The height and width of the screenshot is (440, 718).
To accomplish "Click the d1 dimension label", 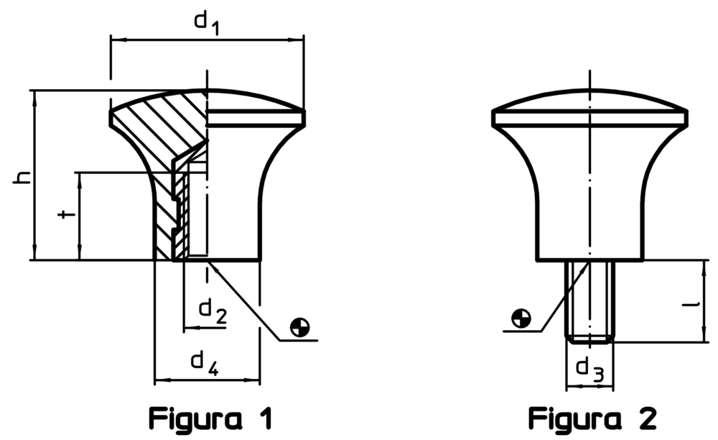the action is [x=207, y=23].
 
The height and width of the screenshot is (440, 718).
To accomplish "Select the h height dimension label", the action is [x=22, y=177].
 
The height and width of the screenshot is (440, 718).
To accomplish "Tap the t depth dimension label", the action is [x=67, y=214].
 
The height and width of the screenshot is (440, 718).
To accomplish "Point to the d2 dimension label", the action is [x=213, y=312].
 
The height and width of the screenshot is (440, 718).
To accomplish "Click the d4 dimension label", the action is [x=204, y=365].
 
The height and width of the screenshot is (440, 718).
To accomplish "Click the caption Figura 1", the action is [x=210, y=418].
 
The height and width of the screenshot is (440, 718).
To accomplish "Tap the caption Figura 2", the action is [x=592, y=418].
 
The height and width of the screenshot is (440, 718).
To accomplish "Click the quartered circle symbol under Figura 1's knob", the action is [x=300, y=327].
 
